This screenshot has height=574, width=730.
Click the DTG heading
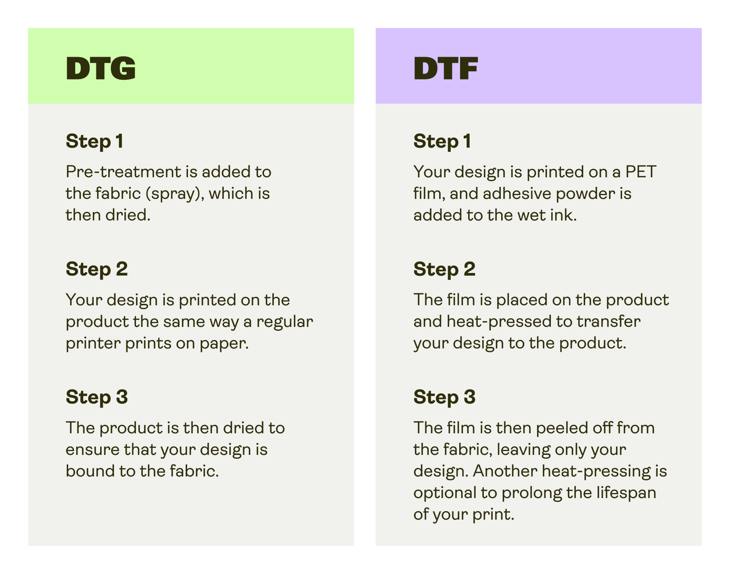coord(101,69)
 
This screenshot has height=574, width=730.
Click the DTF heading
coord(446,69)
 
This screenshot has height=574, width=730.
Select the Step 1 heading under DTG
coord(95,141)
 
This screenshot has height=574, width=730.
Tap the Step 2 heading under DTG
coord(97,269)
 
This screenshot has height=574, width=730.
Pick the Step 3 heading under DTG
coord(97,397)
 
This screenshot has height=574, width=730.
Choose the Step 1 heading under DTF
coord(442,141)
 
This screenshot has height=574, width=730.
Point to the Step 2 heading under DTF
coord(444,269)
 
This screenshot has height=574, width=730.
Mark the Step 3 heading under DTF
coord(444,397)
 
